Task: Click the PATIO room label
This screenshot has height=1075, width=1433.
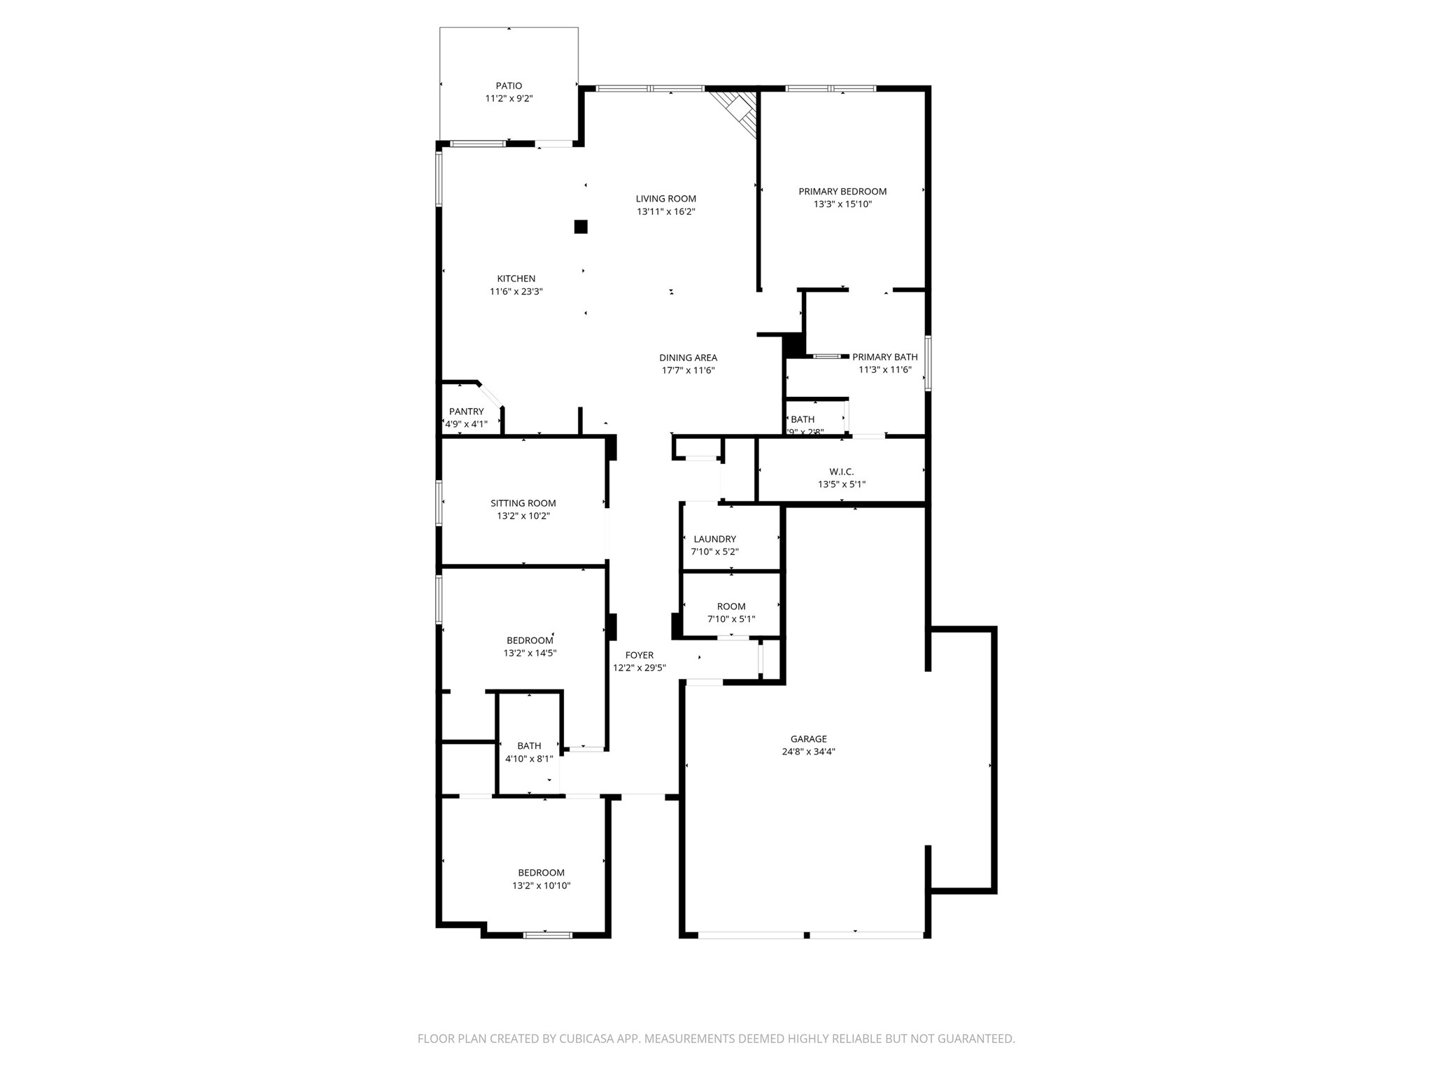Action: (x=509, y=86)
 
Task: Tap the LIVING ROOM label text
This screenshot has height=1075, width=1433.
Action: (x=665, y=199)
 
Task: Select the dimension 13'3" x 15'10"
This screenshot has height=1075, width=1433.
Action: (x=842, y=204)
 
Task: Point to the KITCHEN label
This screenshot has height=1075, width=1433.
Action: (x=516, y=279)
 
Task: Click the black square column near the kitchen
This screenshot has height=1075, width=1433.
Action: (x=581, y=227)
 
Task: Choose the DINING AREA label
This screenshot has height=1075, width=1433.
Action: (x=688, y=358)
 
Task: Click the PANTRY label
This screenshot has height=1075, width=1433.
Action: (x=466, y=412)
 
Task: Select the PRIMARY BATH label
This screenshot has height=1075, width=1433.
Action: (x=884, y=357)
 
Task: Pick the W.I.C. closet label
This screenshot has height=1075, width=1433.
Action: (x=841, y=472)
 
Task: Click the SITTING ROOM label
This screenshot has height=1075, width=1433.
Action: (x=523, y=503)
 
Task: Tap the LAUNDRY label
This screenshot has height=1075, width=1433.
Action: (x=714, y=539)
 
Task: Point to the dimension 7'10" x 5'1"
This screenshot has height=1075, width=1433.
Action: (x=731, y=619)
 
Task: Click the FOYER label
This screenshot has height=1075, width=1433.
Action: (x=639, y=655)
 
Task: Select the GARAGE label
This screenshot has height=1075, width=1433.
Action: (x=808, y=739)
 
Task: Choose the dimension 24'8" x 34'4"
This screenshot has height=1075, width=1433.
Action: (x=808, y=752)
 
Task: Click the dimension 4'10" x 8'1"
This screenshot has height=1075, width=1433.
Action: (x=529, y=759)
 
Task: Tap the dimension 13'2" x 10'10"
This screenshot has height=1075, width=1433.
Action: (x=541, y=885)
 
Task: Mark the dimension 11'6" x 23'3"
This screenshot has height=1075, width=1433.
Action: (x=516, y=292)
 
